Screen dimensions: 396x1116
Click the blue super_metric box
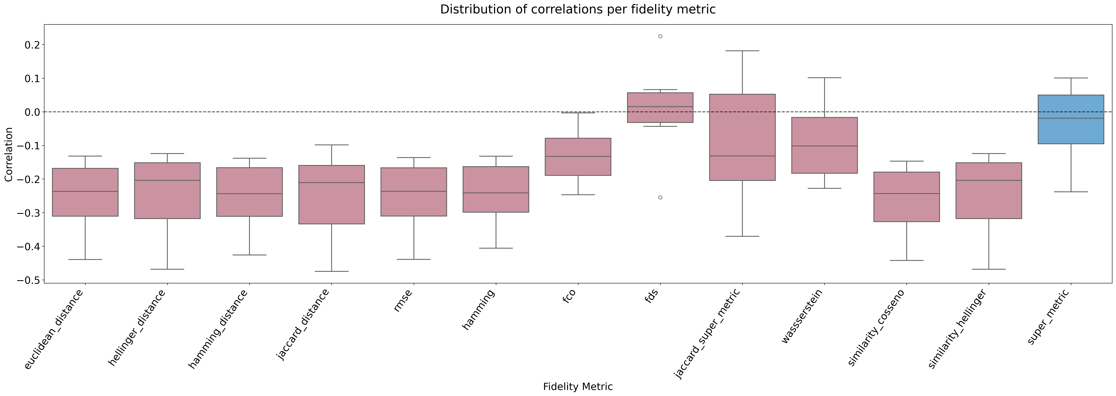click(x=1071, y=119)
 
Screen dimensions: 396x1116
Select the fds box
click(x=660, y=107)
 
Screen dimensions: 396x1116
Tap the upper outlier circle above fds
click(x=660, y=36)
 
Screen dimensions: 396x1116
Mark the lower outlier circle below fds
click(x=660, y=198)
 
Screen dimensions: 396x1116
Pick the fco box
click(x=578, y=157)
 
